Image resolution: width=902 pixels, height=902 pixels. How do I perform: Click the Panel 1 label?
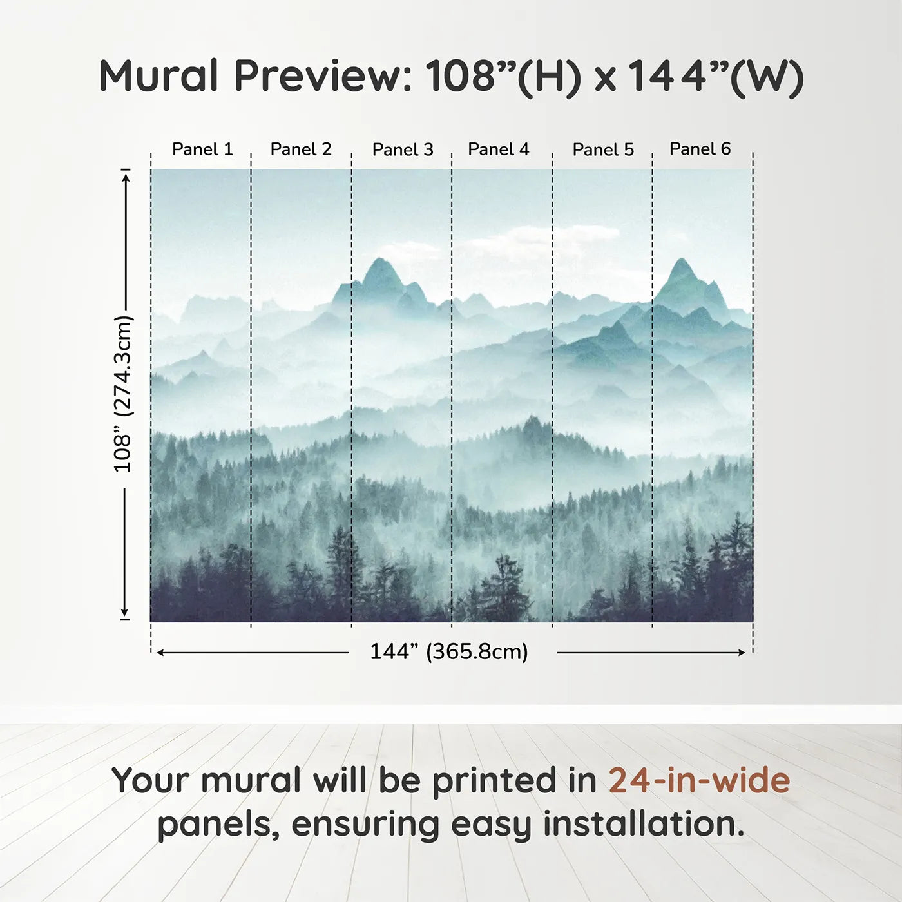point(202,149)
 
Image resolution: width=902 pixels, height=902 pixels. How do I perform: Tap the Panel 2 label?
point(301,149)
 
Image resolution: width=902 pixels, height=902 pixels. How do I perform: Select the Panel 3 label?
point(403,149)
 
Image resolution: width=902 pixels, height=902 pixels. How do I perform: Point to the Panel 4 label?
point(499,149)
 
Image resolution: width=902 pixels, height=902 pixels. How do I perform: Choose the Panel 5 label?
point(603,149)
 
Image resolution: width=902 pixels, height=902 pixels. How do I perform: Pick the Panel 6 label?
point(700,149)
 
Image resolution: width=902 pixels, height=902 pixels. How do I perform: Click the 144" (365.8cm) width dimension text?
point(449,651)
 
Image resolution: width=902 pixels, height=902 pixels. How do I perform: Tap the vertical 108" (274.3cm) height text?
point(123,394)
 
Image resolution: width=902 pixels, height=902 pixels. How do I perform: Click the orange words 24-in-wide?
point(699,780)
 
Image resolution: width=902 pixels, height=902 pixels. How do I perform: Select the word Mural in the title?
point(158,75)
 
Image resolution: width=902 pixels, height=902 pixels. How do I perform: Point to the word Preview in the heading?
point(323,75)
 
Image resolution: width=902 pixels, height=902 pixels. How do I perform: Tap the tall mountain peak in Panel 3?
point(380,259)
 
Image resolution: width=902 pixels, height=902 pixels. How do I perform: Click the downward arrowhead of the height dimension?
point(124,613)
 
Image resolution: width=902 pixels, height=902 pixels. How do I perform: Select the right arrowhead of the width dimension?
point(742,653)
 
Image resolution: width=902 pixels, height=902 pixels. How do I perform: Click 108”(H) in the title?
point(503,76)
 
